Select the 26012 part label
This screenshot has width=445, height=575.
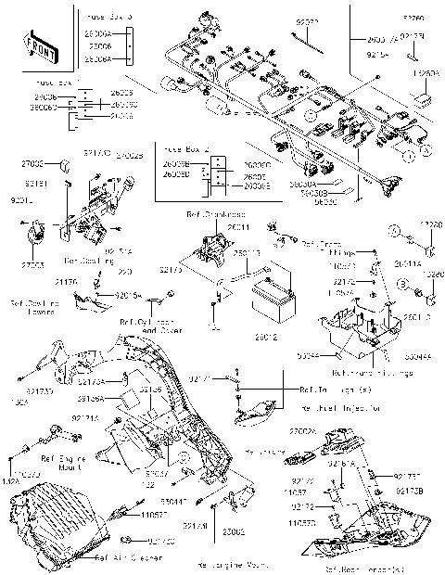(268, 337)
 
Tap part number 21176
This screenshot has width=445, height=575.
(66, 280)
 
